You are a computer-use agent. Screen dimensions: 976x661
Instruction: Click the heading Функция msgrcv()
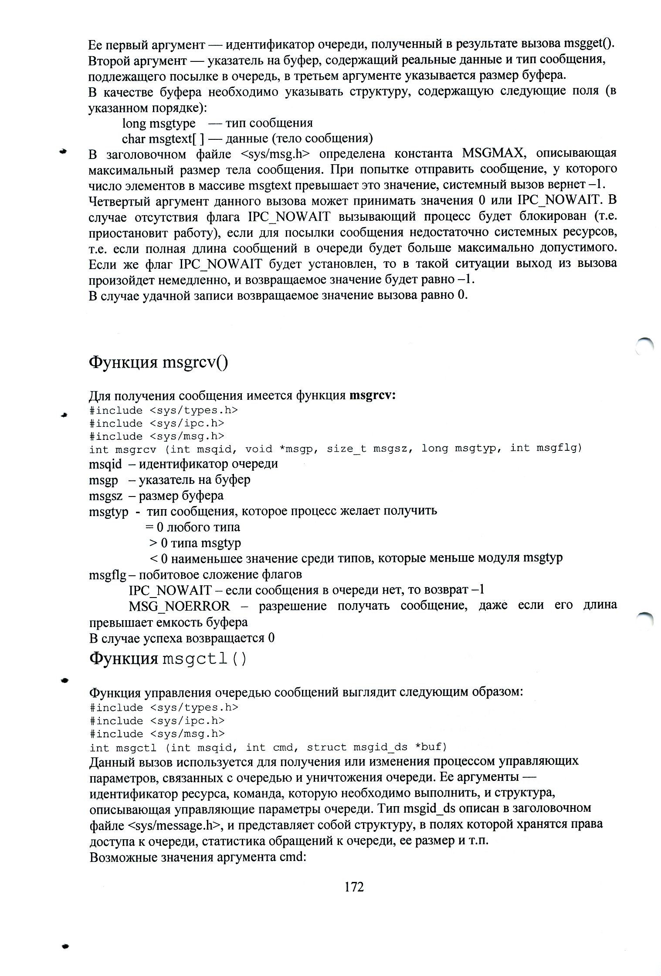pos(158,362)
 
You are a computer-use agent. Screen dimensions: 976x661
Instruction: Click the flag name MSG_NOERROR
pos(179,606)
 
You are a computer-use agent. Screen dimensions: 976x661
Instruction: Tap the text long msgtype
pos(159,123)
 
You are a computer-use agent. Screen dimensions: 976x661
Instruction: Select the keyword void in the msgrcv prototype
pos(259,449)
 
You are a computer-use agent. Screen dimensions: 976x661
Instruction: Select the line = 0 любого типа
pos(193,527)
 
